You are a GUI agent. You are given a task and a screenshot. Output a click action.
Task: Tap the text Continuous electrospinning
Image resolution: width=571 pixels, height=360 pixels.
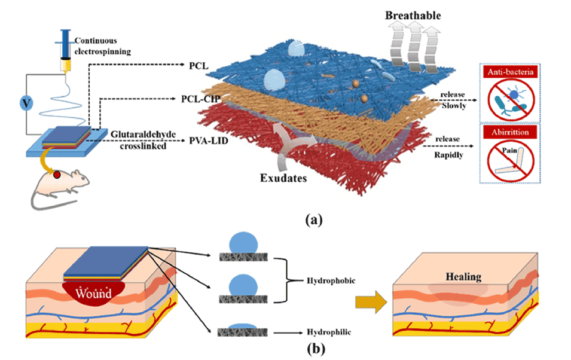click(x=102, y=46)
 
